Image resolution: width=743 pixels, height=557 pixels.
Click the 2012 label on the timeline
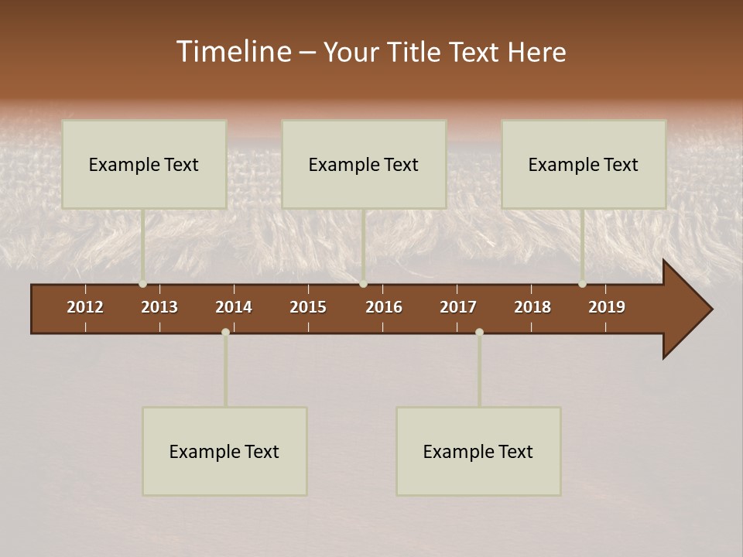[x=85, y=307]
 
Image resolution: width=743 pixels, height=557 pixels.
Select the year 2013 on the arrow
[x=159, y=307]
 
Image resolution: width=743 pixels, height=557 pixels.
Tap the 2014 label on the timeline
[x=234, y=307]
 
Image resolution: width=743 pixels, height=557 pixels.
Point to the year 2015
[x=308, y=307]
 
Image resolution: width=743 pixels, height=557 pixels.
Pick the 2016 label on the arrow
[x=384, y=307]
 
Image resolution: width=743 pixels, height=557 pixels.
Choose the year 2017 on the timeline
[x=458, y=307]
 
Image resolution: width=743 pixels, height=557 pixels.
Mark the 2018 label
[x=532, y=307]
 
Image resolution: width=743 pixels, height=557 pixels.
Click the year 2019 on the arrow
[x=607, y=307]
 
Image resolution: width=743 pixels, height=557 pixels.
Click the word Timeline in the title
[x=232, y=52]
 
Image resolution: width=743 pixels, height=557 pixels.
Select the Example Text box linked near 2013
[x=144, y=164]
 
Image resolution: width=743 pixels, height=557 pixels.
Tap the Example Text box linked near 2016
[x=364, y=164]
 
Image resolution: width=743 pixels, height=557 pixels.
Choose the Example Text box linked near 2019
[x=584, y=164]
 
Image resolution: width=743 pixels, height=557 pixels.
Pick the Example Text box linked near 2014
[x=224, y=451]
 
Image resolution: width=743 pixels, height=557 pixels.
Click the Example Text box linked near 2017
[x=478, y=451]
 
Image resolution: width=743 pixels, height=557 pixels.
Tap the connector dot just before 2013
[x=142, y=284]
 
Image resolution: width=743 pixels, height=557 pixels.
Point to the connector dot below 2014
[x=225, y=332]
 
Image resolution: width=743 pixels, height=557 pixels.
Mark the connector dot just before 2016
[x=363, y=284]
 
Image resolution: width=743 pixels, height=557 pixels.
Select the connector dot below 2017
[x=479, y=332]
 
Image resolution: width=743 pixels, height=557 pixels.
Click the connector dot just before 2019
[x=582, y=284]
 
